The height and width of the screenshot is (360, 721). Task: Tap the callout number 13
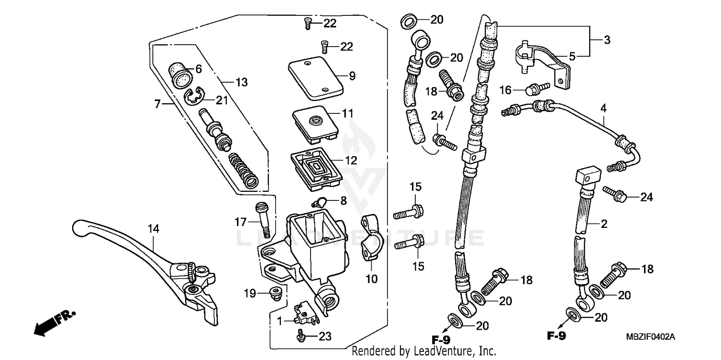241,82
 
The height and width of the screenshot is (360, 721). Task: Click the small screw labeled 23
302,336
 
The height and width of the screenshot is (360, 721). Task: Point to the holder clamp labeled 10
370,238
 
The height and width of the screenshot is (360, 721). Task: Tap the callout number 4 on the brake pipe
603,109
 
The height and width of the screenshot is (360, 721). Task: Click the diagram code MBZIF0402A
653,337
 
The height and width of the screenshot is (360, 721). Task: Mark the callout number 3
607,40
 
